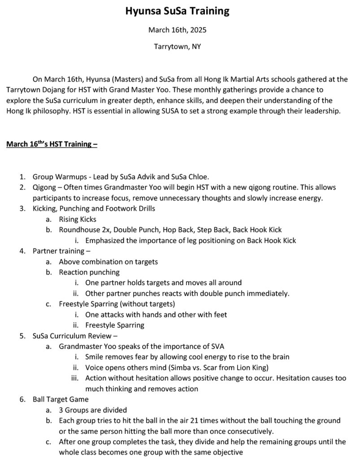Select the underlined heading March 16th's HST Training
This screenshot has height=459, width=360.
pos(52,144)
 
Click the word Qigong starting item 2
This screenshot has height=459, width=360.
pos(43,187)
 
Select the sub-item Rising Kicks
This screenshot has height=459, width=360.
pos(77,219)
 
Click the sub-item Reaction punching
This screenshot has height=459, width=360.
pos(89,272)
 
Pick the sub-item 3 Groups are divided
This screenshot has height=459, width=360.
pos(93,410)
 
